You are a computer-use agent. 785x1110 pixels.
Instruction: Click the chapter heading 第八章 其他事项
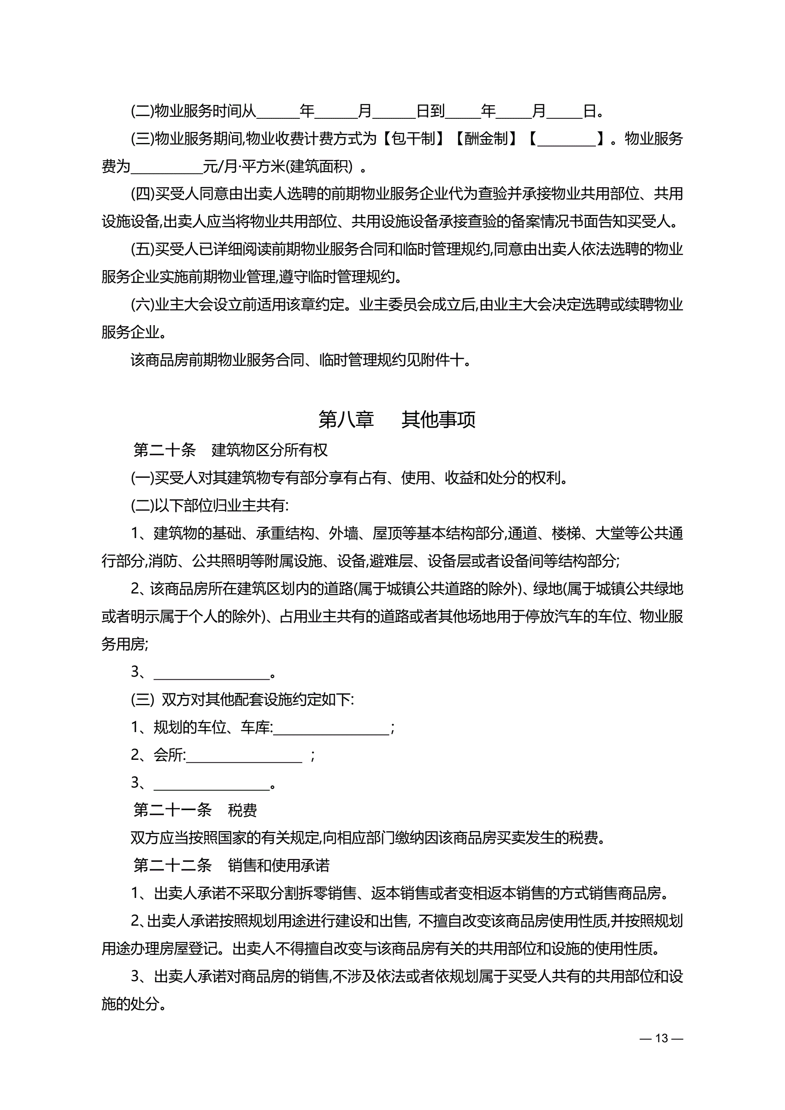coord(396,419)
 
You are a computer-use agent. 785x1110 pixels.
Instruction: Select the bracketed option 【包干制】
coord(413,139)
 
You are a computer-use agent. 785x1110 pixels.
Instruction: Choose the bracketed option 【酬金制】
coord(486,139)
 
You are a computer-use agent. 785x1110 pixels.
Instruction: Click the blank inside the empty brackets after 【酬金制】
coord(566,140)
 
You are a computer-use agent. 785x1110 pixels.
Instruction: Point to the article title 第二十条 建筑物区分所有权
coord(230,450)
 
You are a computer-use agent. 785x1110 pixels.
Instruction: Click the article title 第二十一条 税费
coord(195,810)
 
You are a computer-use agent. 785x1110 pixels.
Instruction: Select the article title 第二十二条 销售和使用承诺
coord(231,865)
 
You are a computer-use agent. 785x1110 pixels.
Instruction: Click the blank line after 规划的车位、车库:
coord(331,729)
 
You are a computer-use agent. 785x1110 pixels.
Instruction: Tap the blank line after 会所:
coord(244,756)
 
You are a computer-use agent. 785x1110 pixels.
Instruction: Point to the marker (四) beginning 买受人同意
coord(142,194)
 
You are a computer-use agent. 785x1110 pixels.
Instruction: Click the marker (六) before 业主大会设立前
coord(142,304)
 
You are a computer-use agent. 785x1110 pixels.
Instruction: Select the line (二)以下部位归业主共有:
coord(210,506)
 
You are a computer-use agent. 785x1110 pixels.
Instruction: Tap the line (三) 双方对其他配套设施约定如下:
coord(242,700)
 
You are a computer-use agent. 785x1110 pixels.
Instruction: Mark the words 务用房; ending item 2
coord(125,644)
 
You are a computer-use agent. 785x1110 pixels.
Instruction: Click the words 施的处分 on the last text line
coord(130,1004)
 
